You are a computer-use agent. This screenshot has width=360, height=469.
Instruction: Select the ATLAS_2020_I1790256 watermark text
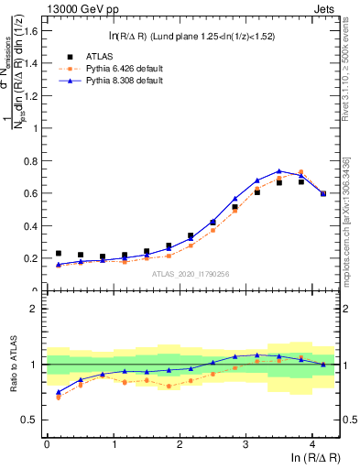(191, 273)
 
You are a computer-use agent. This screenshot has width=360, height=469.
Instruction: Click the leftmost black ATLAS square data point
(59, 253)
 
